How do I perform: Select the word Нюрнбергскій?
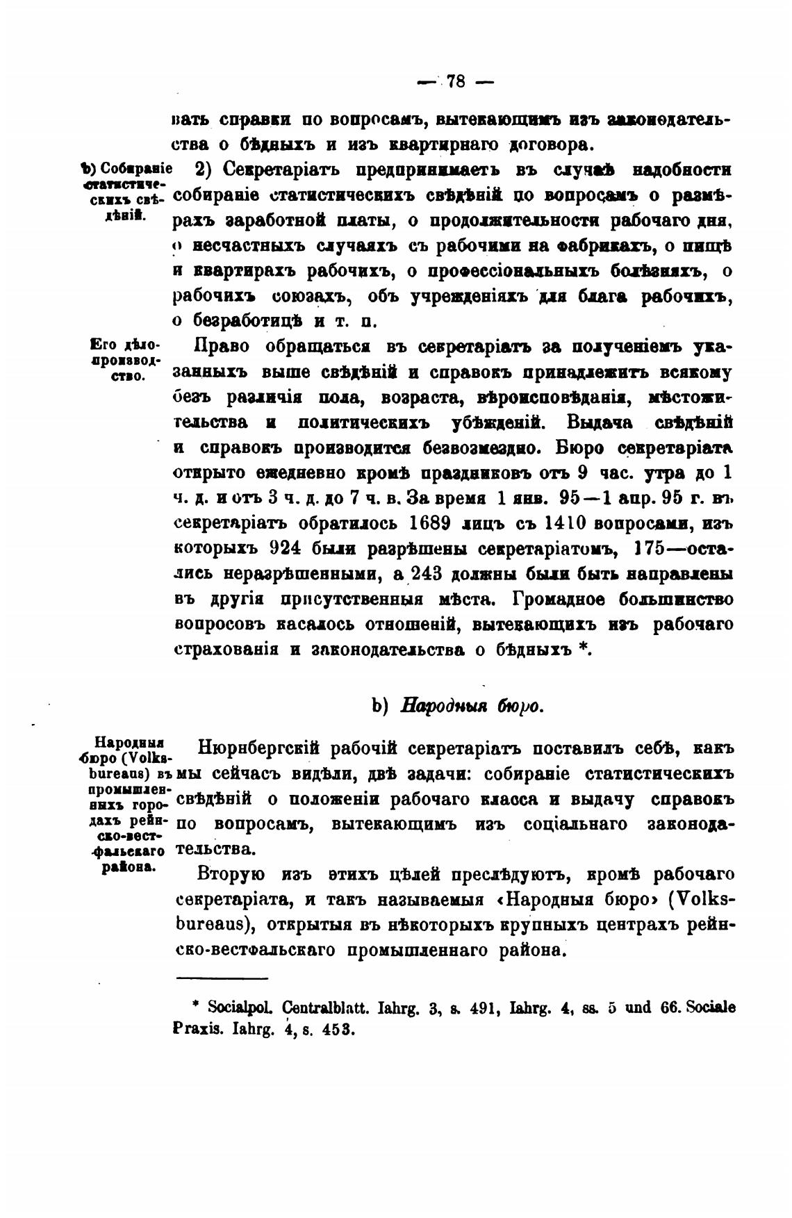tap(258, 749)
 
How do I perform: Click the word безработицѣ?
tap(247, 321)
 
